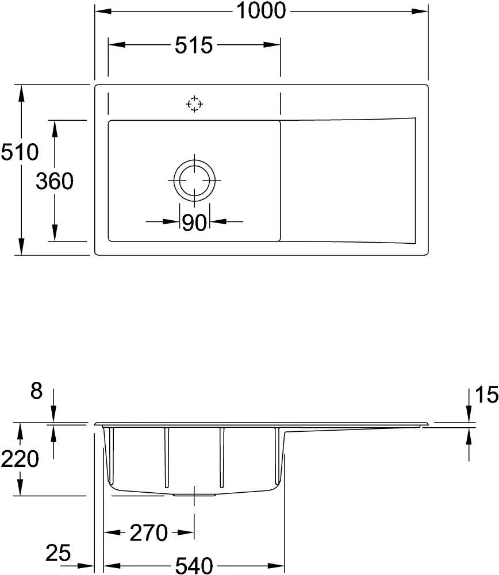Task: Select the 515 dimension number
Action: (x=194, y=45)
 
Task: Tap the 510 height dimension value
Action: (x=20, y=152)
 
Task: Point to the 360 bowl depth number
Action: (x=55, y=182)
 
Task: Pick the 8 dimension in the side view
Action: (x=36, y=392)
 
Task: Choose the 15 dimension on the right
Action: (x=486, y=395)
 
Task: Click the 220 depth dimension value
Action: (x=20, y=459)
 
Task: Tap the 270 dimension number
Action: (x=148, y=533)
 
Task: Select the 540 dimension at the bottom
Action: (x=193, y=565)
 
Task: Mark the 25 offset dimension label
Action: (x=58, y=554)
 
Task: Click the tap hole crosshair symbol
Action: (x=195, y=104)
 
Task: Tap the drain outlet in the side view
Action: (x=194, y=493)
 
